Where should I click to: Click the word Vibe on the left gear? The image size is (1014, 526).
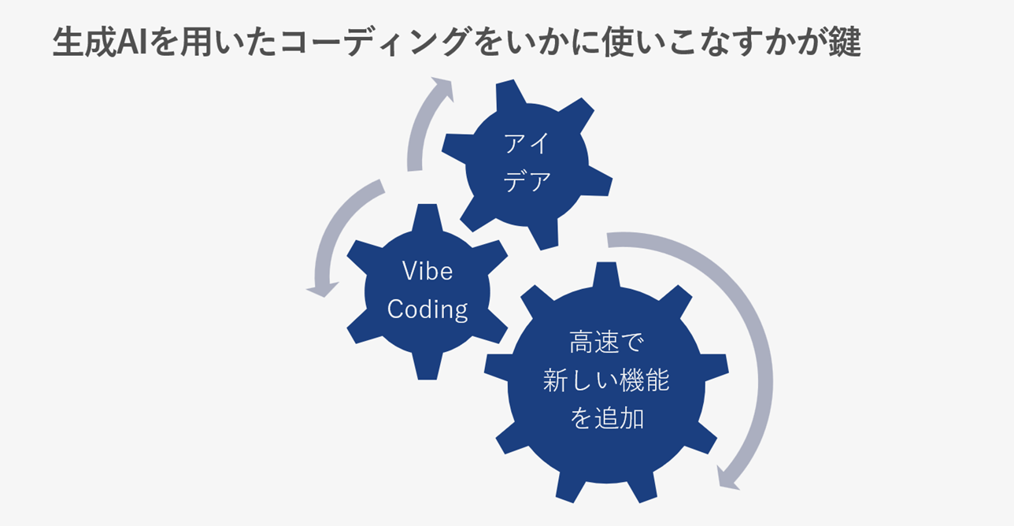click(x=427, y=271)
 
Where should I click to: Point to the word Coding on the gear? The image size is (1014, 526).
click(x=427, y=309)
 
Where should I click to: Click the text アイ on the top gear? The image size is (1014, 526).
click(x=527, y=144)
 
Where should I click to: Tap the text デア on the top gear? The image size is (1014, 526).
click(x=527, y=182)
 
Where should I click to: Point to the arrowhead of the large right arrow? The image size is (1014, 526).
click(x=727, y=477)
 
